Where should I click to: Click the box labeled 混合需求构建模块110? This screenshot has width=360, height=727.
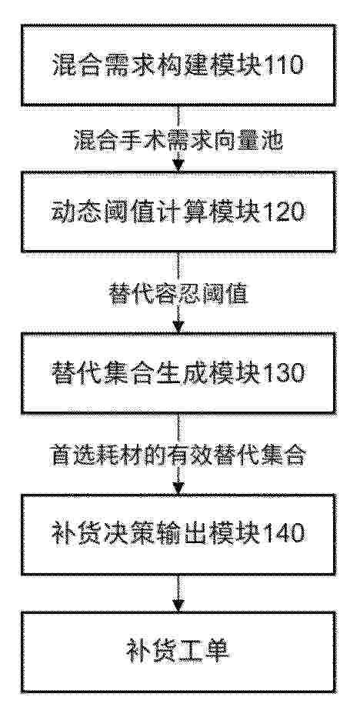(178, 65)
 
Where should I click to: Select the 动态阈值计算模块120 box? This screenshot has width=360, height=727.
(178, 212)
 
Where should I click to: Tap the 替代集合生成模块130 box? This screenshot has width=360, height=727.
(178, 372)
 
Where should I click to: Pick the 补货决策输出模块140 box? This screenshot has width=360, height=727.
(178, 534)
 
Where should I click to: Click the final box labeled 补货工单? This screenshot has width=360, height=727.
(178, 652)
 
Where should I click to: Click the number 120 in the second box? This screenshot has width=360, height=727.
(285, 212)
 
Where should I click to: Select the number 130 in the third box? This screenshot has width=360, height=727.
(285, 372)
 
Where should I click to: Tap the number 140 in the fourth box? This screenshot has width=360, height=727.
(285, 534)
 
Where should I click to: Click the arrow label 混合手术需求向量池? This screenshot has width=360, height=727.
(178, 141)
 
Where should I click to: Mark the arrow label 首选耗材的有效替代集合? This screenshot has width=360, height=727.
(178, 455)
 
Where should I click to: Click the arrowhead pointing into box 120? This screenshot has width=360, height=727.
(178, 166)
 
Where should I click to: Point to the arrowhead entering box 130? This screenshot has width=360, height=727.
(178, 326)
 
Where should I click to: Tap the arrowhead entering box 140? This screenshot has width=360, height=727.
(178, 488)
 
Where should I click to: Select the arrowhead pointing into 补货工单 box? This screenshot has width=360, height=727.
(178, 605)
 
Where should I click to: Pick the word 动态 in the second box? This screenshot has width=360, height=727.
(74, 212)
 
